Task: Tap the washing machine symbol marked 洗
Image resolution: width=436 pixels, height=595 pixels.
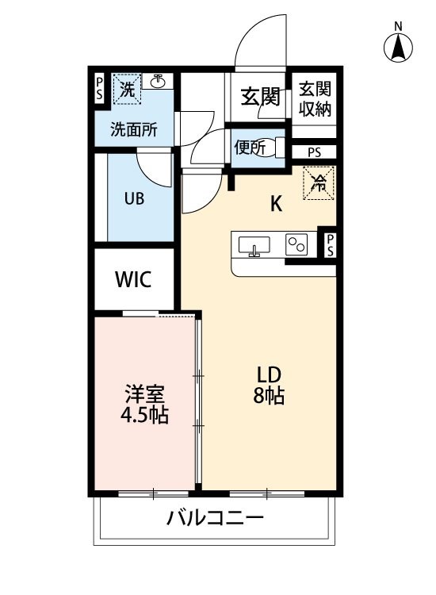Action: tap(127, 90)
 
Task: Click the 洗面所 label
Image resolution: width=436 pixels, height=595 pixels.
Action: tap(134, 130)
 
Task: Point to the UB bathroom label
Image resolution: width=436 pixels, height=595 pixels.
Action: tap(134, 198)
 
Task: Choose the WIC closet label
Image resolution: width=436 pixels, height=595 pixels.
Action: tap(133, 279)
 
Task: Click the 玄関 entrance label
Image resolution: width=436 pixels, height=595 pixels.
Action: tap(261, 97)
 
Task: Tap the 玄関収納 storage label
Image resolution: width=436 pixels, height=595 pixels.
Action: tap(315, 98)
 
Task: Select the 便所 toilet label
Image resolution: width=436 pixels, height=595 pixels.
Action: tap(250, 148)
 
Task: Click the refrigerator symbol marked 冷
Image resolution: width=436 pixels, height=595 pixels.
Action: tap(319, 183)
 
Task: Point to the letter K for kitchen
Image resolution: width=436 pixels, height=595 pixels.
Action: tap(276, 204)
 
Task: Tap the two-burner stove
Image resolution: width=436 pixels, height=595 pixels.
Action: tap(296, 244)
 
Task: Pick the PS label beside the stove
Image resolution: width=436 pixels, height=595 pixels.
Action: tap(331, 245)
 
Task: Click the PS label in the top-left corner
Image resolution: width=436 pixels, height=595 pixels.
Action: tap(99, 88)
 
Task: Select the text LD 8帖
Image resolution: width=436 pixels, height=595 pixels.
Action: tap(269, 385)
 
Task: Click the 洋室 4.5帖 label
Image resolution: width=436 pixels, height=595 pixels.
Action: tap(144, 404)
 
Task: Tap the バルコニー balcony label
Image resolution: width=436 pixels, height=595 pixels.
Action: tap(215, 517)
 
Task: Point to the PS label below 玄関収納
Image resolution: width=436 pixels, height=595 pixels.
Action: tap(314, 152)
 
